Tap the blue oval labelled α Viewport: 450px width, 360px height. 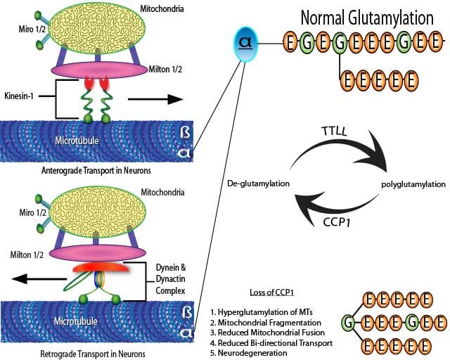click(245, 44)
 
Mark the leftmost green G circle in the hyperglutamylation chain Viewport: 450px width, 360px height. click(347, 322)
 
